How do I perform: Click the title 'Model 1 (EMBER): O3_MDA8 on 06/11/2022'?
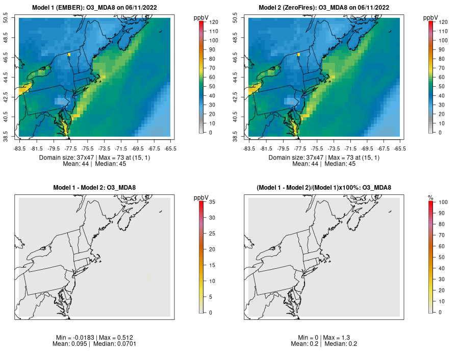click(94, 7)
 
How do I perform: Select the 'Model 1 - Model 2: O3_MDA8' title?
click(94, 188)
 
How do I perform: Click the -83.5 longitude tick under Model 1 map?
click(19, 148)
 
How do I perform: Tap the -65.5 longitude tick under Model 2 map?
click(399, 148)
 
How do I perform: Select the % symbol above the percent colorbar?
click(430, 197)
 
